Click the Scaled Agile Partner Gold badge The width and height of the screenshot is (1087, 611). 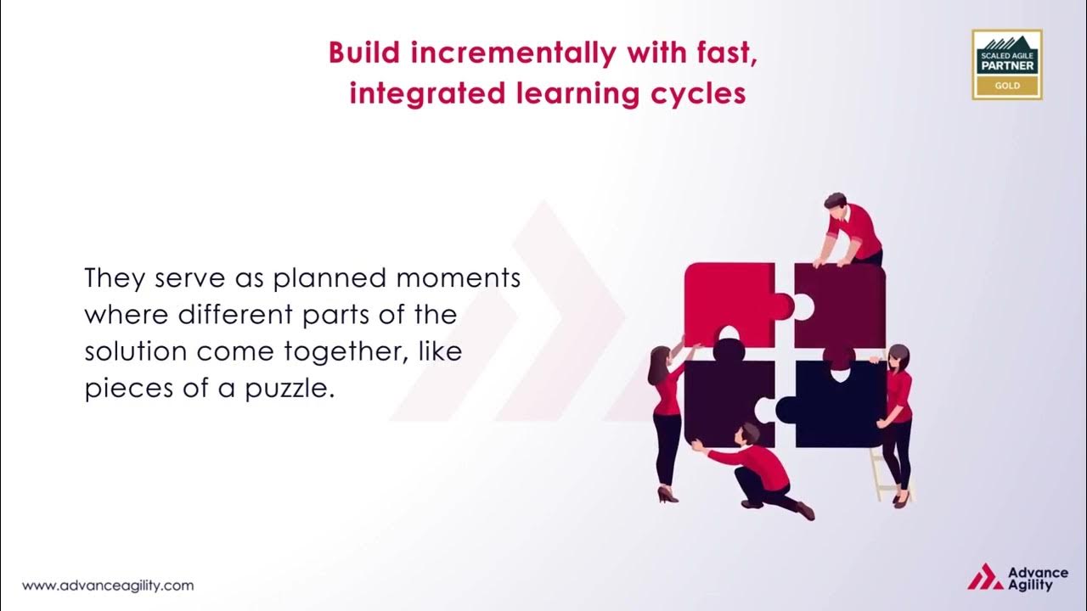(x=1007, y=64)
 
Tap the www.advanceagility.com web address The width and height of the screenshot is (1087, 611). (x=108, y=586)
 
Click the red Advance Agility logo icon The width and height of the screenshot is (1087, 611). (x=985, y=577)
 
